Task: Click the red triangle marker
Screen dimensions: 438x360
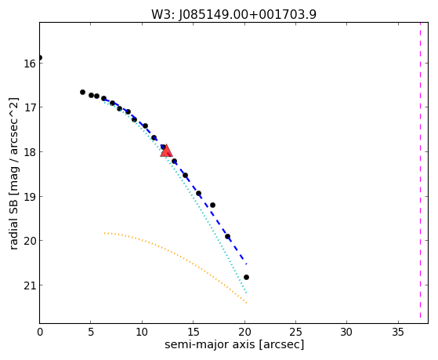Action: click(x=166, y=151)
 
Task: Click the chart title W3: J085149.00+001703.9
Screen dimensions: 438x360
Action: click(x=233, y=15)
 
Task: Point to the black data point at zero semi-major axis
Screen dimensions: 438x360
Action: click(x=40, y=57)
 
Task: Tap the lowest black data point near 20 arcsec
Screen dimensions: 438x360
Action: click(x=246, y=277)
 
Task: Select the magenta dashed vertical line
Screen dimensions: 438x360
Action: click(x=420, y=171)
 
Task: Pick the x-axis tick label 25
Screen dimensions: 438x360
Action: click(x=295, y=332)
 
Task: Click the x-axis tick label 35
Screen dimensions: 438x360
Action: click(x=398, y=332)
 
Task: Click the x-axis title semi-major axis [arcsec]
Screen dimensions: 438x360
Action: click(x=234, y=345)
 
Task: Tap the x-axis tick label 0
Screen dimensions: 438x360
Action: click(x=40, y=332)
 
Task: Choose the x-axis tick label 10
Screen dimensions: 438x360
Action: click(x=142, y=332)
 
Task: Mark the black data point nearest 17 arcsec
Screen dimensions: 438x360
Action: click(x=212, y=205)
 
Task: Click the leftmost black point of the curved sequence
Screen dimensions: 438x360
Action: click(x=82, y=92)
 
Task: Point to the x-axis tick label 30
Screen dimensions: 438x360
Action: click(x=346, y=332)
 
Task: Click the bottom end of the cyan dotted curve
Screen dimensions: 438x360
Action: click(x=246, y=293)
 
